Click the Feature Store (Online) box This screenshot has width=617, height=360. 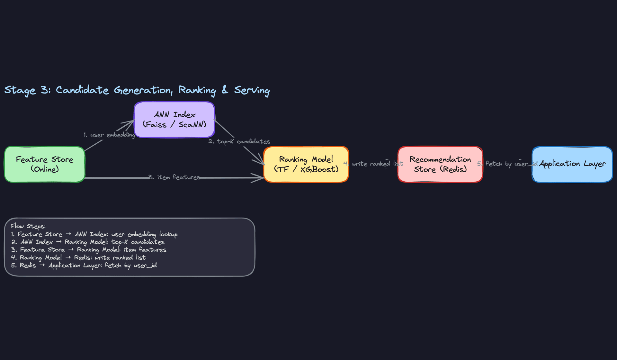(x=45, y=164)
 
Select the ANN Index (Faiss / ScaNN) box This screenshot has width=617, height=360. (x=174, y=120)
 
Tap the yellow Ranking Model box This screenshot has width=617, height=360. (x=306, y=164)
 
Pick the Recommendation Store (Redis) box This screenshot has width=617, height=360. (x=440, y=164)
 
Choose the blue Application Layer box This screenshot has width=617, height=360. (x=572, y=164)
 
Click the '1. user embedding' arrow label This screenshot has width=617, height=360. (x=109, y=135)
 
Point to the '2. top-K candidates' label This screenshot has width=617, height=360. (x=239, y=141)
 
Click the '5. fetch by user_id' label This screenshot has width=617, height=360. (x=507, y=164)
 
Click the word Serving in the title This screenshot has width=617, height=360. (x=252, y=90)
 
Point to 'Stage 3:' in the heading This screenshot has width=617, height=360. (x=27, y=90)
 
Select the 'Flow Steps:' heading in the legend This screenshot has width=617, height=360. (x=28, y=226)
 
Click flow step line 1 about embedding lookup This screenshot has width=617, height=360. (x=94, y=234)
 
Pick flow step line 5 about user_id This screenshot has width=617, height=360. (x=84, y=265)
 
